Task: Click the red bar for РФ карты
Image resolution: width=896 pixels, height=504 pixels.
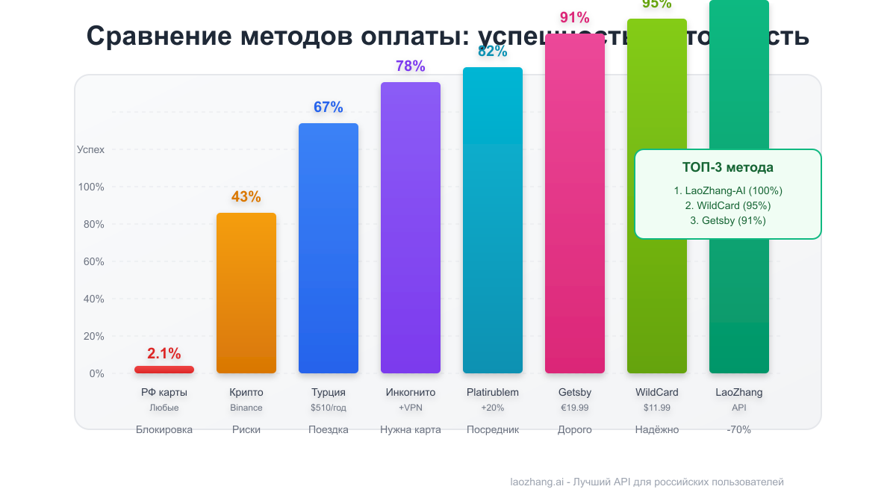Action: pyautogui.click(x=164, y=370)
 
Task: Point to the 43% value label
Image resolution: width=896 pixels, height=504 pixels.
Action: pyautogui.click(x=246, y=197)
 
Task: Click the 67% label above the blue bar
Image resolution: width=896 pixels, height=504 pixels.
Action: pyautogui.click(x=329, y=108)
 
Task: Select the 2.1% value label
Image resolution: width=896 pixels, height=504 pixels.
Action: pyautogui.click(x=164, y=354)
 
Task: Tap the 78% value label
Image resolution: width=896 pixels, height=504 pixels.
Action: pyautogui.click(x=411, y=66)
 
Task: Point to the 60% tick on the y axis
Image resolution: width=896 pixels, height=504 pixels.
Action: pyautogui.click(x=93, y=261)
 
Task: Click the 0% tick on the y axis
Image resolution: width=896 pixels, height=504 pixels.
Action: pyautogui.click(x=96, y=373)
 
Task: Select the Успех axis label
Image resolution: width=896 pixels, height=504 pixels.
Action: pyautogui.click(x=90, y=149)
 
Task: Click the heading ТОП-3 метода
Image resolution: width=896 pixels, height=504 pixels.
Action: pyautogui.click(x=727, y=167)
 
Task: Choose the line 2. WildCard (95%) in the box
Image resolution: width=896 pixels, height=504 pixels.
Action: pyautogui.click(x=727, y=205)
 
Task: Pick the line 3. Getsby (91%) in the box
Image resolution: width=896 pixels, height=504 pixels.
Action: pyautogui.click(x=727, y=220)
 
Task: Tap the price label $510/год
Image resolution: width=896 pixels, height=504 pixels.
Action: pyautogui.click(x=329, y=408)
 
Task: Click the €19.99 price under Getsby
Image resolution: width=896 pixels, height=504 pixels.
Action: pyautogui.click(x=575, y=408)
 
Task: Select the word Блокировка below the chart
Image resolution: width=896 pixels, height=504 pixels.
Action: pyautogui.click(x=164, y=429)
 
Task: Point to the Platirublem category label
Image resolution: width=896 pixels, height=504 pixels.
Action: pyautogui.click(x=493, y=392)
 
